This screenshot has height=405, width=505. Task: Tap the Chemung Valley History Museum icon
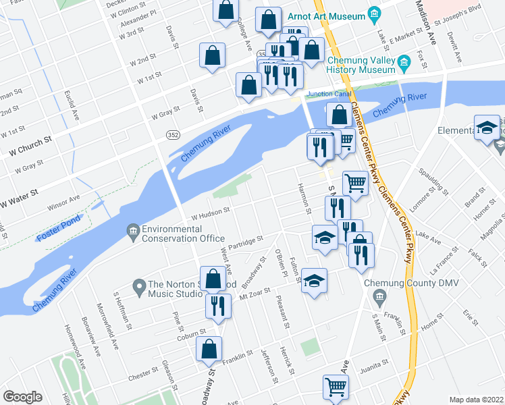point(404,63)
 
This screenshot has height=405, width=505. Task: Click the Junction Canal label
point(329,94)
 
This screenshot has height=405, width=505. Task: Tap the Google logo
point(22,396)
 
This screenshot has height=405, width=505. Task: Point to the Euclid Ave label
point(72,106)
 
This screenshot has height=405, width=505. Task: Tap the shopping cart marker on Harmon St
point(355,182)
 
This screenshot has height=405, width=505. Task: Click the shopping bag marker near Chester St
point(209,349)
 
